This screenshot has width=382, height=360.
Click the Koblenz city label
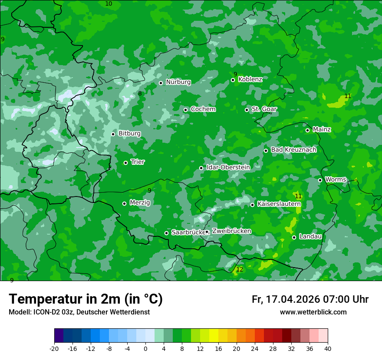click(x=250, y=79)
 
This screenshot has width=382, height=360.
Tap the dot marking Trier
click(x=125, y=163)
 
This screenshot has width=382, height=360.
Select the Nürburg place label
click(x=178, y=82)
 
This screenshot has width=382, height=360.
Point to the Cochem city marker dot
click(x=185, y=110)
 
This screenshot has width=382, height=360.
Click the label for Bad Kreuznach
click(x=293, y=150)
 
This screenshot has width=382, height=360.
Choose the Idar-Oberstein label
click(x=228, y=167)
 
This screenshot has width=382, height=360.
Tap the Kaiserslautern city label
click(x=279, y=204)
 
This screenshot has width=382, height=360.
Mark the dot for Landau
click(x=294, y=237)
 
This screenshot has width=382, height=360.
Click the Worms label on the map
click(x=336, y=180)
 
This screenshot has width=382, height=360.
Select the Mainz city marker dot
click(x=307, y=130)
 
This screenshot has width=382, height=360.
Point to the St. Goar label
click(x=264, y=109)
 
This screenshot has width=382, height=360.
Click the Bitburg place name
click(x=129, y=134)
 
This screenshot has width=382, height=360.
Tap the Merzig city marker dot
click(x=124, y=203)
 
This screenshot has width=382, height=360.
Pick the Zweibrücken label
click(x=231, y=231)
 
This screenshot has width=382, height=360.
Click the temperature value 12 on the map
click(x=240, y=269)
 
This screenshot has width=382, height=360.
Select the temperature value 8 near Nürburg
click(x=140, y=93)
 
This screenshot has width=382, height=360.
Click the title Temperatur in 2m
click(x=86, y=299)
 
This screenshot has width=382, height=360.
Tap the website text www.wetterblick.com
click(x=313, y=312)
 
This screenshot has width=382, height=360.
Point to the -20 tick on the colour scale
click(x=54, y=348)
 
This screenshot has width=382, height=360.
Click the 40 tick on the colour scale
click(x=328, y=348)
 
